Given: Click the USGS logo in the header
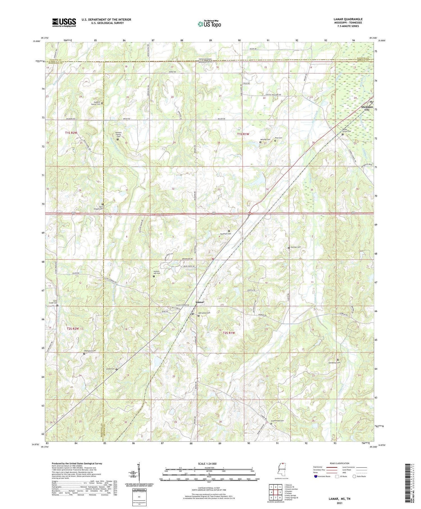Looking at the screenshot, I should (x=64, y=22).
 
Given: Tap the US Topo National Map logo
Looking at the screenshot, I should (x=209, y=24).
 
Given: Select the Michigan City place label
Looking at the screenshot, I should (x=367, y=108).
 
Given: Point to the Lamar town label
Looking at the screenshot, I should (x=200, y=302).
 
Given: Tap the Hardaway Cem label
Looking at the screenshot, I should (x=334, y=362).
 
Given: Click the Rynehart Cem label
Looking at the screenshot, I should (x=225, y=234).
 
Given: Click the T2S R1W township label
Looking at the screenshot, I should (x=228, y=333).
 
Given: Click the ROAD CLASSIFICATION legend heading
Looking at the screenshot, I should (x=340, y=463).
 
